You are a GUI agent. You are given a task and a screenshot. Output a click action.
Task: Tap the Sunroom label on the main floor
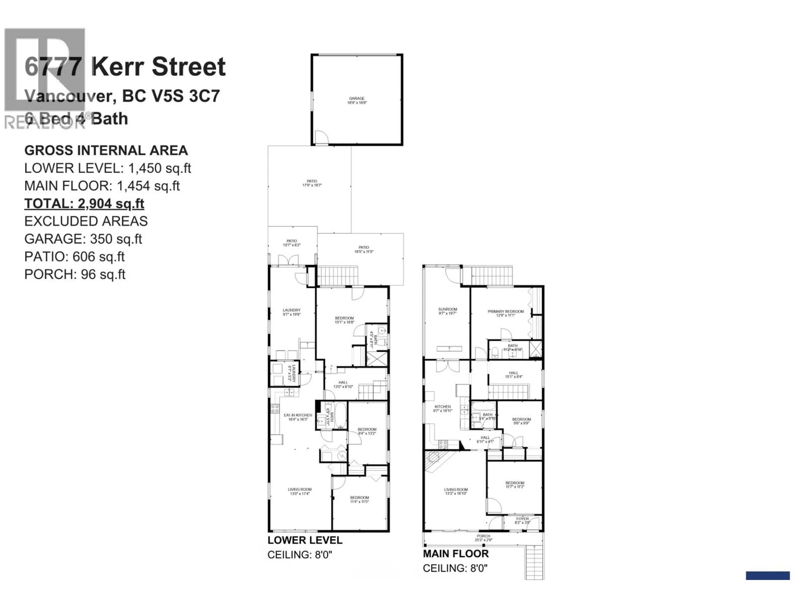click(447, 311)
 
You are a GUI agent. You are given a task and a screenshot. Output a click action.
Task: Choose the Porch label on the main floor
click(483, 538)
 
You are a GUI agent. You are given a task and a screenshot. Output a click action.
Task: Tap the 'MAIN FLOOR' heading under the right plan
click(456, 554)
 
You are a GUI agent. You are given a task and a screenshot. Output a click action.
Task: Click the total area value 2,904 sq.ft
click(111, 203)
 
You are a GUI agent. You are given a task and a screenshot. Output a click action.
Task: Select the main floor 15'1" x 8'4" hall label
click(513, 375)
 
